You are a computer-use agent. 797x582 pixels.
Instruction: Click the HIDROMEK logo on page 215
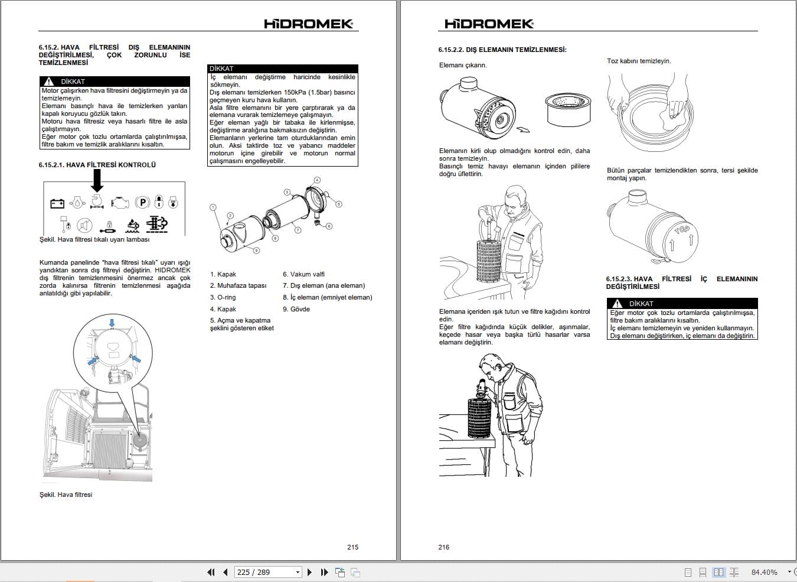click(x=309, y=24)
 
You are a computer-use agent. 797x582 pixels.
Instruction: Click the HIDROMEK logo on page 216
click(x=489, y=24)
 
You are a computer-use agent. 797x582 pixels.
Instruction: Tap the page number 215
click(x=352, y=547)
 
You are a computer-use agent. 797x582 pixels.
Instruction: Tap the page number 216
click(x=444, y=547)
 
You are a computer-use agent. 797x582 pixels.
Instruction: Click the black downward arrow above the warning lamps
click(x=97, y=180)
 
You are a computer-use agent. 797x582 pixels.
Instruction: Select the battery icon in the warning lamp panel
click(x=57, y=203)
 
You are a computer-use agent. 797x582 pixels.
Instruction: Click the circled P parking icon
click(x=142, y=203)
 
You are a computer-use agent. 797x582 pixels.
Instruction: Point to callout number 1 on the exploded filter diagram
click(x=213, y=207)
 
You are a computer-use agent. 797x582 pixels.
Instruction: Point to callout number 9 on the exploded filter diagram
click(x=256, y=251)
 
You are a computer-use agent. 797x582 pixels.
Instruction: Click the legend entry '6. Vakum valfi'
click(x=303, y=274)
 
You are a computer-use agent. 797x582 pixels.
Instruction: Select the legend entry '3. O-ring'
click(x=223, y=297)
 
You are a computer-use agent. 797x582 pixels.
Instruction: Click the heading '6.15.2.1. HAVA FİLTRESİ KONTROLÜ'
click(x=97, y=165)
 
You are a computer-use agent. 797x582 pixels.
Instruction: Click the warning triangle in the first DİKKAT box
click(x=48, y=82)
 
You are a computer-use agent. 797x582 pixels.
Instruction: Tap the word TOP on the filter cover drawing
click(x=682, y=230)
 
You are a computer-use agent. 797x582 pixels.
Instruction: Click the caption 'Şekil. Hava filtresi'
click(x=66, y=495)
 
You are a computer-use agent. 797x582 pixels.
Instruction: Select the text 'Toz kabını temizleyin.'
click(x=639, y=61)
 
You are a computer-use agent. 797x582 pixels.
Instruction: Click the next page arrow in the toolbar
click(x=309, y=572)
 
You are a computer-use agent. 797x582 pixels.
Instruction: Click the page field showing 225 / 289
click(x=268, y=572)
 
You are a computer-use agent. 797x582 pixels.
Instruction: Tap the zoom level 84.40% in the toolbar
click(x=764, y=572)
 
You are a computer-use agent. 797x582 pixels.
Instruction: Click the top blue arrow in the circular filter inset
click(x=112, y=323)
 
